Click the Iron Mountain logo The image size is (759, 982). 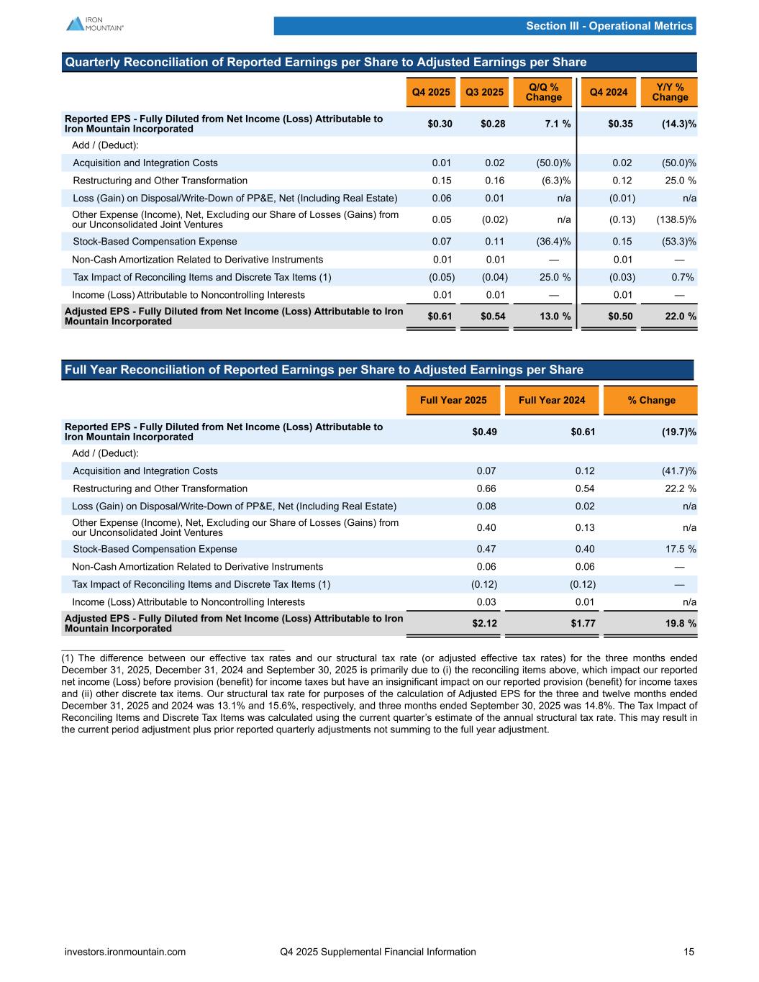click(x=95, y=24)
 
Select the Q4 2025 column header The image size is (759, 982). click(x=431, y=92)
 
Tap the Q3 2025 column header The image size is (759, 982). click(x=484, y=92)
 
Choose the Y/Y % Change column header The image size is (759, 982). click(x=670, y=92)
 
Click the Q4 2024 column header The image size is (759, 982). click(x=608, y=92)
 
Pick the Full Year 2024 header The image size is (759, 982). click(x=552, y=400)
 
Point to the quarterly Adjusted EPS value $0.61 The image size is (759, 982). click(x=440, y=317)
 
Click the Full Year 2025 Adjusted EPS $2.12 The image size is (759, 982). click(x=484, y=623)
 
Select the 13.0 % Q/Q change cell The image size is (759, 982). click(x=553, y=317)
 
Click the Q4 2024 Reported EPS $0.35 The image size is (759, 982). click(x=620, y=124)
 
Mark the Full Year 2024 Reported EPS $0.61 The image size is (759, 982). click(x=583, y=432)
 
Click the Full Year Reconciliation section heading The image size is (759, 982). click(x=324, y=370)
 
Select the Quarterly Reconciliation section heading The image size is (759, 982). click(x=325, y=63)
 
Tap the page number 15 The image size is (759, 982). click(x=689, y=952)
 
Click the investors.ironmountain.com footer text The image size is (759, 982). click(x=125, y=952)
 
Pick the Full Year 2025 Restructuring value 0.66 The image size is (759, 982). click(x=486, y=488)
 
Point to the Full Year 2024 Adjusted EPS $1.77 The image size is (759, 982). click(x=583, y=623)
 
